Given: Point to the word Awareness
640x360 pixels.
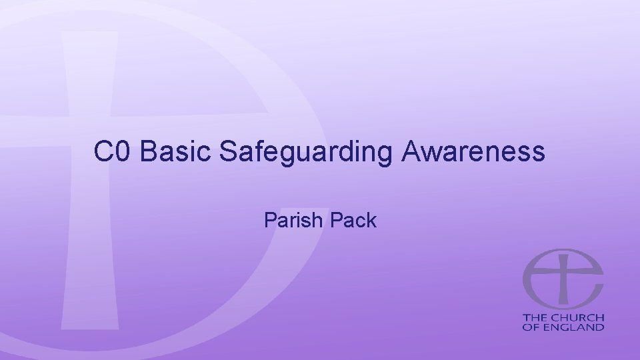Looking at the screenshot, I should (473, 153).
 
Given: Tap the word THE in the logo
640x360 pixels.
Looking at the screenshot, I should (535, 317).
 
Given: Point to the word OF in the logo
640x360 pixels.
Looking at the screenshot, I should (530, 327).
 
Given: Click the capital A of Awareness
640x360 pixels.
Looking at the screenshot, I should (411, 153).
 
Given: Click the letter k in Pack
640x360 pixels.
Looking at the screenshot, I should (371, 220).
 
